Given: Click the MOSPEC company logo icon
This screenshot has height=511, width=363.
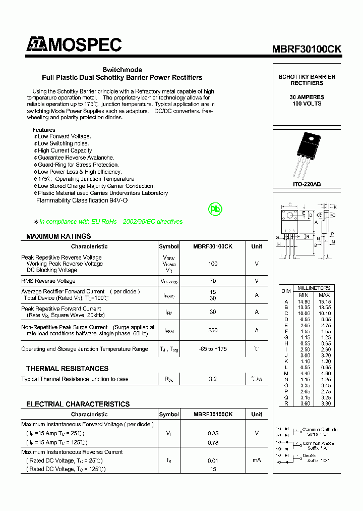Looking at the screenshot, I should (37, 45).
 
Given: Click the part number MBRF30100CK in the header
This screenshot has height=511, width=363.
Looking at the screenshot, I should (307, 49).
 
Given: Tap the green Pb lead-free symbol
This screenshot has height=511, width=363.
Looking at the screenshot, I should (215, 209).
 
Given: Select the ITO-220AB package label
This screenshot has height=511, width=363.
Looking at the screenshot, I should (307, 185).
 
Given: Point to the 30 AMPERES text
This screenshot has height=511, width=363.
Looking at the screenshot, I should (307, 97).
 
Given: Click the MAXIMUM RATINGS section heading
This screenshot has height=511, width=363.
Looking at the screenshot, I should (58, 236).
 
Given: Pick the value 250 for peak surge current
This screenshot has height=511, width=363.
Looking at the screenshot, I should (213, 330).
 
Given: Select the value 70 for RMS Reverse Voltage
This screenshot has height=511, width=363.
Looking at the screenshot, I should (213, 281).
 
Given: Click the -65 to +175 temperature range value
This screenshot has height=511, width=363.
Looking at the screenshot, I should (213, 349).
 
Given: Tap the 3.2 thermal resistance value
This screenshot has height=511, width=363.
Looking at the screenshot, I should (213, 379).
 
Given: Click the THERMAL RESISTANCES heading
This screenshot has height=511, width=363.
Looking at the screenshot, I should (67, 369).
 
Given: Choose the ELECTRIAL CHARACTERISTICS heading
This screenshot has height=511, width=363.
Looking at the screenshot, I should (78, 404).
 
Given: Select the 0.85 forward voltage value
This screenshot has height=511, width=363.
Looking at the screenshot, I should (213, 433).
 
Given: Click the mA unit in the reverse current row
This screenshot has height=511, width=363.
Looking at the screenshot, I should (257, 461).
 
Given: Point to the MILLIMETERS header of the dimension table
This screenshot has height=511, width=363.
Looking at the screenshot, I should (314, 288).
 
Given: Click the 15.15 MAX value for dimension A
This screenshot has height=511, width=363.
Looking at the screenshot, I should (324, 301).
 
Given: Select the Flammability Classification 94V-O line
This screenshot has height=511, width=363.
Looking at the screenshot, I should (82, 200).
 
